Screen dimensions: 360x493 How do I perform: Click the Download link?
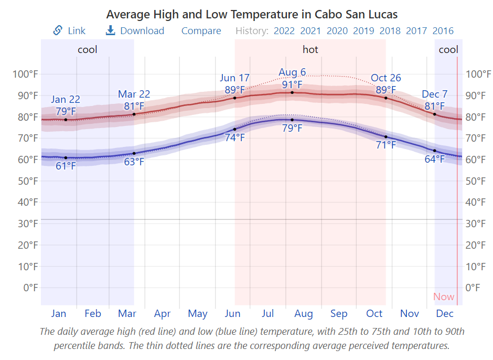[135, 31]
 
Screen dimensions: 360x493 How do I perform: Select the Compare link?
[201, 31]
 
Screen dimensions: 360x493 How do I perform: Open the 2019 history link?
[363, 31]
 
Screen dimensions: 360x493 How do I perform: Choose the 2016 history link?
[443, 31]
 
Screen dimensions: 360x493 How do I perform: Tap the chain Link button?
[69, 31]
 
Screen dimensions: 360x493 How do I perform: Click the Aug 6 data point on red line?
[292, 92]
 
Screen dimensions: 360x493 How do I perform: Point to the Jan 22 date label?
[66, 99]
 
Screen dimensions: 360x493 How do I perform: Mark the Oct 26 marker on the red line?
[386, 98]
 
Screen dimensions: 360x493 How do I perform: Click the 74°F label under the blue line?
[234, 138]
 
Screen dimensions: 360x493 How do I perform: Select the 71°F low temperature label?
[386, 145]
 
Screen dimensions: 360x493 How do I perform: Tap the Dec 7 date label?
[435, 94]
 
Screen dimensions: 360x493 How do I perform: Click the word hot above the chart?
[310, 50]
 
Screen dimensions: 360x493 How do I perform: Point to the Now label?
[444, 297]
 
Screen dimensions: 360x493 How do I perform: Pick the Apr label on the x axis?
[163, 314]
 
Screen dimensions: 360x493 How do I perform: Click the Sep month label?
[339, 314]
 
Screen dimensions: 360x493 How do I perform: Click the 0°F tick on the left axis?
[30, 288]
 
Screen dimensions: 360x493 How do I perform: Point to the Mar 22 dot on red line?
[134, 114]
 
